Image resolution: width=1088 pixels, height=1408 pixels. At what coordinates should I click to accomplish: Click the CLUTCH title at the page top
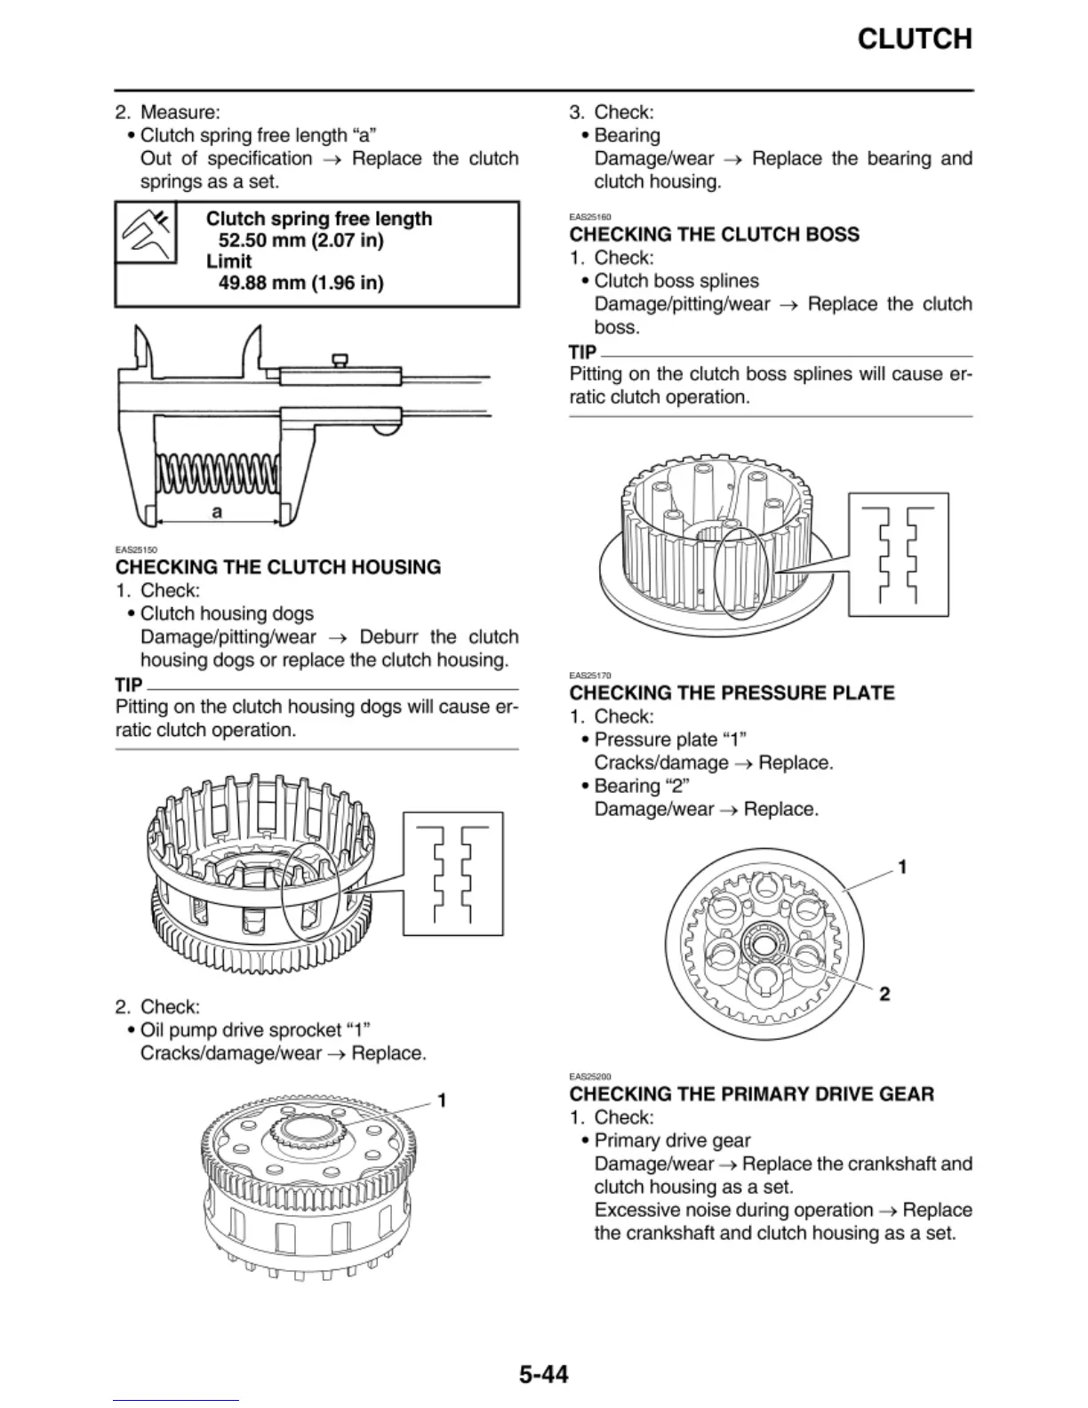coord(914,39)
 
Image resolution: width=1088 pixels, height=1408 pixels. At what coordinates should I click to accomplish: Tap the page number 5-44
coord(543,1374)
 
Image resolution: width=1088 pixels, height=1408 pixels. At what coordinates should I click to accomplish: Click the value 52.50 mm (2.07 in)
coord(300,240)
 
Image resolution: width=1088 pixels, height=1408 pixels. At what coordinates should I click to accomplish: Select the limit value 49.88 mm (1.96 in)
coord(300,283)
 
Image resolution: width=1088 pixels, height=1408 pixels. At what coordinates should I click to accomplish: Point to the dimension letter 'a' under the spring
coord(216,512)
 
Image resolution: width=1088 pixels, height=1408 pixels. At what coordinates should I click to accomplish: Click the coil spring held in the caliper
coord(218,474)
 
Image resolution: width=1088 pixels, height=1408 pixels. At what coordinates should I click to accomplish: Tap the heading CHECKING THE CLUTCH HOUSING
coord(278,567)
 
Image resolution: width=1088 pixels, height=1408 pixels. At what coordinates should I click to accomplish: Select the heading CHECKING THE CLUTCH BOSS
coord(714,235)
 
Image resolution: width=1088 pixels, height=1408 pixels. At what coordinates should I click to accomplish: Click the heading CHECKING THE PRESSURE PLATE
coord(732,693)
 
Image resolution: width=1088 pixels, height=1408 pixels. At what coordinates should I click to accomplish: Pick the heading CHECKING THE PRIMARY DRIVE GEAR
coord(751,1094)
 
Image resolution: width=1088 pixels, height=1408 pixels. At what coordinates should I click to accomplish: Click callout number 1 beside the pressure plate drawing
coord(902,867)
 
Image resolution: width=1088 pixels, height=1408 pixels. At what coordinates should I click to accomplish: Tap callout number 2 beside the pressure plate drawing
coord(884,994)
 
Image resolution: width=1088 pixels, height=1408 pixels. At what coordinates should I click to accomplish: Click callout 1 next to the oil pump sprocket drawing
coord(442,1100)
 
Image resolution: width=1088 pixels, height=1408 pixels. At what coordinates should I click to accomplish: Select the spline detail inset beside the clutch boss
coord(898,554)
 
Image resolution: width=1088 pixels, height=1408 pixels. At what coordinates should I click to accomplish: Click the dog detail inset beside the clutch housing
coord(452,873)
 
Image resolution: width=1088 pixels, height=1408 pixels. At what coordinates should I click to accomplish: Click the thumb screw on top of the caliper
coord(339,359)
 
